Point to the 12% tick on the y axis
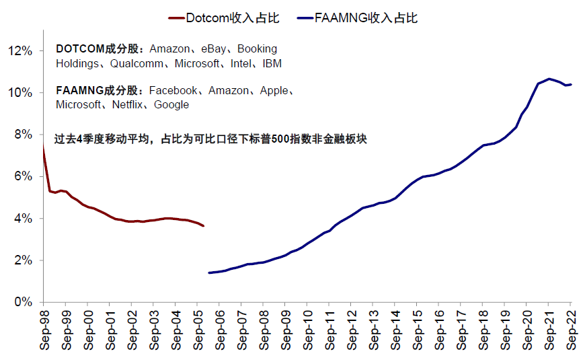[x=20, y=50]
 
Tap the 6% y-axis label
[x=23, y=176]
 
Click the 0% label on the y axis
[x=23, y=302]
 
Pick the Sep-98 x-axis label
[x=44, y=329]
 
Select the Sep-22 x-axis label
[x=571, y=329]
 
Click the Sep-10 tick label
[x=307, y=329]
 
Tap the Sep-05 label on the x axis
[x=198, y=329]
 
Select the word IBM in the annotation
[x=272, y=64]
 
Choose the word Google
[x=171, y=105]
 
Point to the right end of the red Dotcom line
[x=204, y=225]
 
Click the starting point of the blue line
[x=209, y=273]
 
